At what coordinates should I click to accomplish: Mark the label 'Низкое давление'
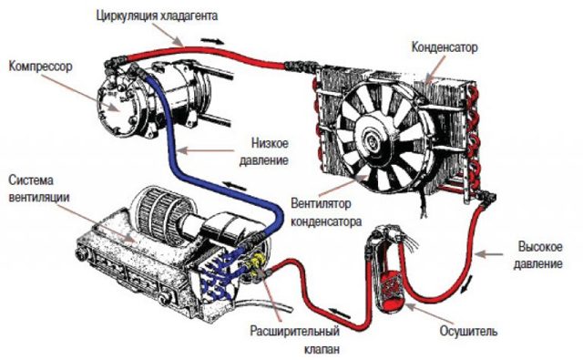[x=269, y=151]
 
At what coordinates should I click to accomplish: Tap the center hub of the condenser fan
[x=375, y=138]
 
